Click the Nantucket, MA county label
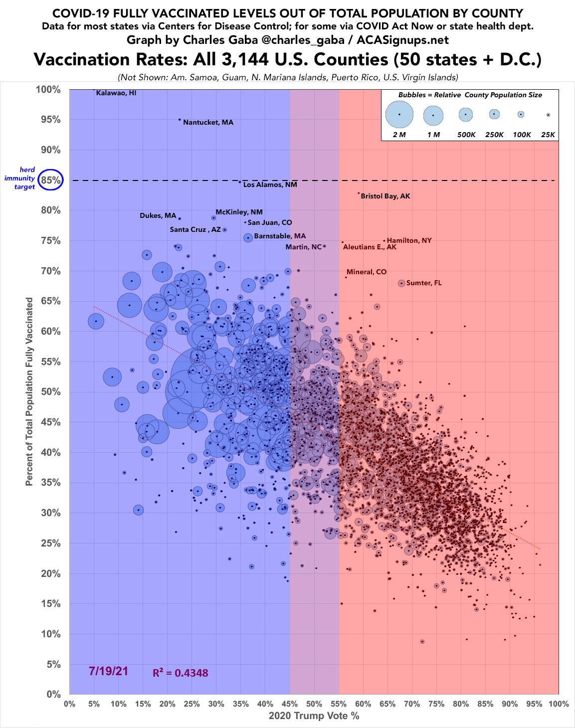pyautogui.click(x=208, y=122)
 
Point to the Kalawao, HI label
pyautogui.click(x=116, y=93)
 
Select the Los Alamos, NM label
pyautogui.click(x=270, y=184)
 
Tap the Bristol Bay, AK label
pyautogui.click(x=385, y=196)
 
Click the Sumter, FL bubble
pyautogui.click(x=401, y=283)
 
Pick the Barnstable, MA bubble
pyautogui.click(x=248, y=238)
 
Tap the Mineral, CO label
pyautogui.click(x=366, y=272)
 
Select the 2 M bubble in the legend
pyautogui.click(x=399, y=115)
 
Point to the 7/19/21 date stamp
pyautogui.click(x=109, y=671)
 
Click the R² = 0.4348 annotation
pyautogui.click(x=181, y=673)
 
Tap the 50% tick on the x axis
pyautogui.click(x=314, y=705)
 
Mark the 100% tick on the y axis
pyautogui.click(x=48, y=90)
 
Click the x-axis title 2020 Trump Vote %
pyautogui.click(x=314, y=716)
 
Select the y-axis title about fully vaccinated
pyautogui.click(x=30, y=391)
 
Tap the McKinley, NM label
pyautogui.click(x=239, y=212)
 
